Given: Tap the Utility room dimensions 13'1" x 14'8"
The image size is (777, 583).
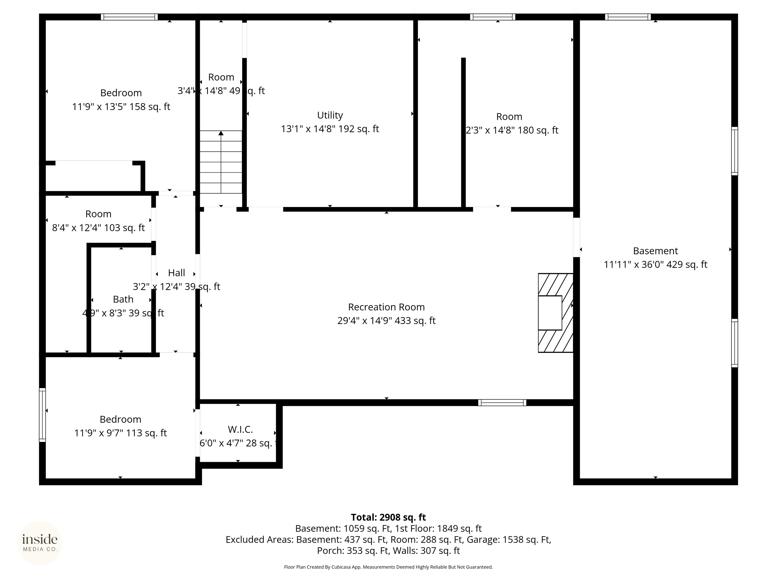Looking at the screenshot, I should point(330,129).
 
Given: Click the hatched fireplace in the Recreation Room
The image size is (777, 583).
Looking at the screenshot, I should point(555,313).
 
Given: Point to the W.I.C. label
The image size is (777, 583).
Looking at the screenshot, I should point(240,429).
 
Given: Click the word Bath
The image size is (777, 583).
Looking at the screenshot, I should point(123,299).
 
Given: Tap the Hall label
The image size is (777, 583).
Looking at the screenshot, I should point(176,273).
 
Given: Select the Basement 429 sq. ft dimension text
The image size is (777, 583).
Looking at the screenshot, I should point(655,264).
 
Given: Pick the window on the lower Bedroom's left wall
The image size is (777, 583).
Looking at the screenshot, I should point(42,415).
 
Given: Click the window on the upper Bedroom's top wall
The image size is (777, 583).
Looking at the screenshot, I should point(129,17).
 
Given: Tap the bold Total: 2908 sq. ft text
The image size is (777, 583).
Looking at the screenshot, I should point(388,517).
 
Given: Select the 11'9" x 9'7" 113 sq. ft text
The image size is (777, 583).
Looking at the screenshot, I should point(120,433).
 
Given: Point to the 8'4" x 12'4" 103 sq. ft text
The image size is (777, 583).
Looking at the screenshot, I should point(98,228).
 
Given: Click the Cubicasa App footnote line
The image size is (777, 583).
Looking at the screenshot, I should point(388,567).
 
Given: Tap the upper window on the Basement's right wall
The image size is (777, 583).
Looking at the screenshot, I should point(734,151).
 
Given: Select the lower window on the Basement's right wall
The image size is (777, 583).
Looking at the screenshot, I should point(734,343).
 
